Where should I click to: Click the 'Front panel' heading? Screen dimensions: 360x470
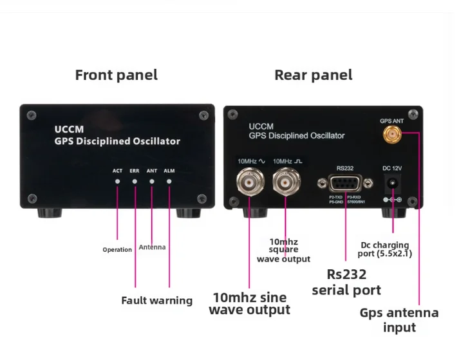point(116,75)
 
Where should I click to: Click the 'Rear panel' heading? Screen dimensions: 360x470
point(313,75)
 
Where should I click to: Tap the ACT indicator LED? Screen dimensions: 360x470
point(117,182)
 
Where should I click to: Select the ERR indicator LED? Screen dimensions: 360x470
point(135,182)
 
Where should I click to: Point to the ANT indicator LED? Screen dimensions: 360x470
point(152,182)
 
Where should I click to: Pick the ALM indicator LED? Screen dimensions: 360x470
point(169,182)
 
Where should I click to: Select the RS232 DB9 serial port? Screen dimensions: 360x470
point(345,182)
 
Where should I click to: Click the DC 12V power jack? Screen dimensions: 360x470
point(393,185)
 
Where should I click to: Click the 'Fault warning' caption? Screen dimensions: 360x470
point(156,300)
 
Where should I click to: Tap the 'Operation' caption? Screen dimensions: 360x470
point(117,250)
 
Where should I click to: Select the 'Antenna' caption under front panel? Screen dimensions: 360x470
point(152,247)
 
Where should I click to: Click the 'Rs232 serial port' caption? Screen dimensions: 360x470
point(346,282)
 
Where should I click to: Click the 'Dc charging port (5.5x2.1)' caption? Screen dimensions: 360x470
point(386,249)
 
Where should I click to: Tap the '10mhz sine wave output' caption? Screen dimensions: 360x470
point(249,303)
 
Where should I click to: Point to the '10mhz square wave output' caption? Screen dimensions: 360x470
point(283,251)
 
